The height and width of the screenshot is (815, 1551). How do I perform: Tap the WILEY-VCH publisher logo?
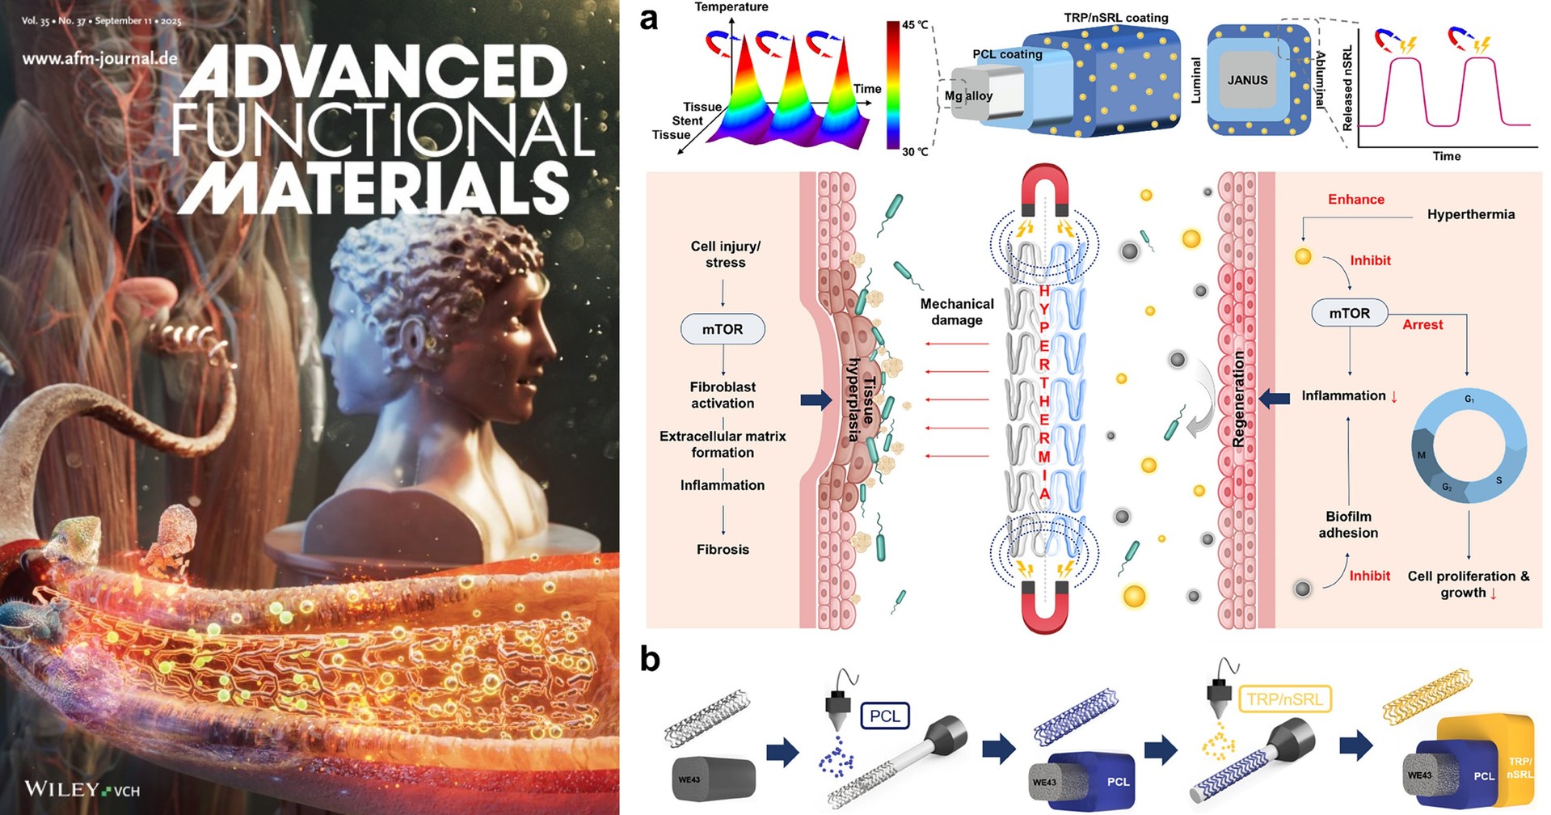tap(82, 788)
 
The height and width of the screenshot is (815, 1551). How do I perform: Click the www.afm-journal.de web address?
tap(99, 58)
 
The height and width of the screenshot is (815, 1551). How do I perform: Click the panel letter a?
tap(648, 18)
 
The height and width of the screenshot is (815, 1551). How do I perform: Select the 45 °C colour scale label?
tap(916, 24)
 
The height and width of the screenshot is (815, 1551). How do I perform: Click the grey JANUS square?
tap(1247, 80)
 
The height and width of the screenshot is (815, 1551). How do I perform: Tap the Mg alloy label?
tap(968, 95)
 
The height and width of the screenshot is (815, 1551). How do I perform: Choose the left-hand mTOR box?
tap(722, 329)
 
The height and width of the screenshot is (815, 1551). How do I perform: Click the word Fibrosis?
tap(723, 549)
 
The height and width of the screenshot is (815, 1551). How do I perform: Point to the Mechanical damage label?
tap(957, 311)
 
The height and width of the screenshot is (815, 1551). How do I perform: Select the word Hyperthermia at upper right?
tap(1470, 214)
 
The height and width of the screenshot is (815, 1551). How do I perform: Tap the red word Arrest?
tap(1422, 324)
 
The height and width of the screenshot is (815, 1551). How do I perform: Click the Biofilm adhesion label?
tap(1348, 524)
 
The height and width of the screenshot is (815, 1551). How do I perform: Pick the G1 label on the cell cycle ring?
tap(1469, 399)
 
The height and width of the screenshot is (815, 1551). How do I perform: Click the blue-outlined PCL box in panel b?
tap(885, 716)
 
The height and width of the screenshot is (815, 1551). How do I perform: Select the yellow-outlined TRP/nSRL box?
tap(1284, 699)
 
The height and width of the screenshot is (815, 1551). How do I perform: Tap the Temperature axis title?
tap(731, 7)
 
